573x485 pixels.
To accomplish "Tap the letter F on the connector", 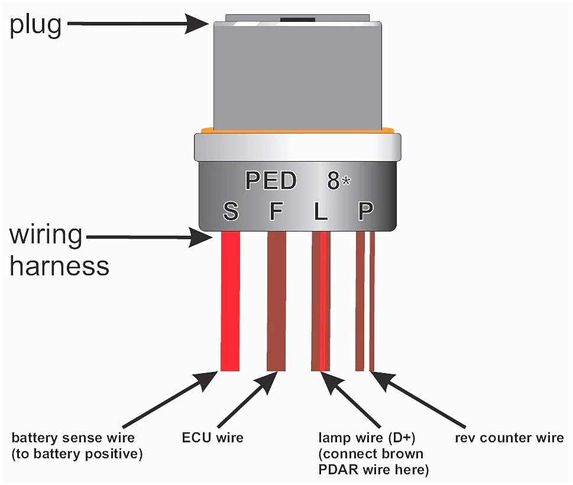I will pyautogui.click(x=276, y=211).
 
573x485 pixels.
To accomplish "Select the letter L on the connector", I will pyautogui.click(x=321, y=211).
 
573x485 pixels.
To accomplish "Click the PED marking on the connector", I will pyautogui.click(x=271, y=181).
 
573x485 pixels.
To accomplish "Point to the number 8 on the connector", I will pyautogui.click(x=334, y=181).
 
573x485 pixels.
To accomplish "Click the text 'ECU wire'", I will pyautogui.click(x=213, y=438).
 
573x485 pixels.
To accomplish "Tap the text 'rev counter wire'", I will pyautogui.click(x=509, y=438).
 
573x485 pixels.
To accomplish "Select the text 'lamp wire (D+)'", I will pyautogui.click(x=367, y=438).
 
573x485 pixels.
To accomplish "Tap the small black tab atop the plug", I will pyautogui.click(x=297, y=19).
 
